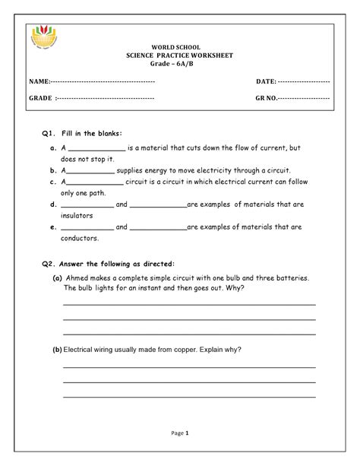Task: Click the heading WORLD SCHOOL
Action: pos(180,47)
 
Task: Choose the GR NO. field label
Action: pos(267,99)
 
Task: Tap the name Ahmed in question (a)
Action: pos(78,278)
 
